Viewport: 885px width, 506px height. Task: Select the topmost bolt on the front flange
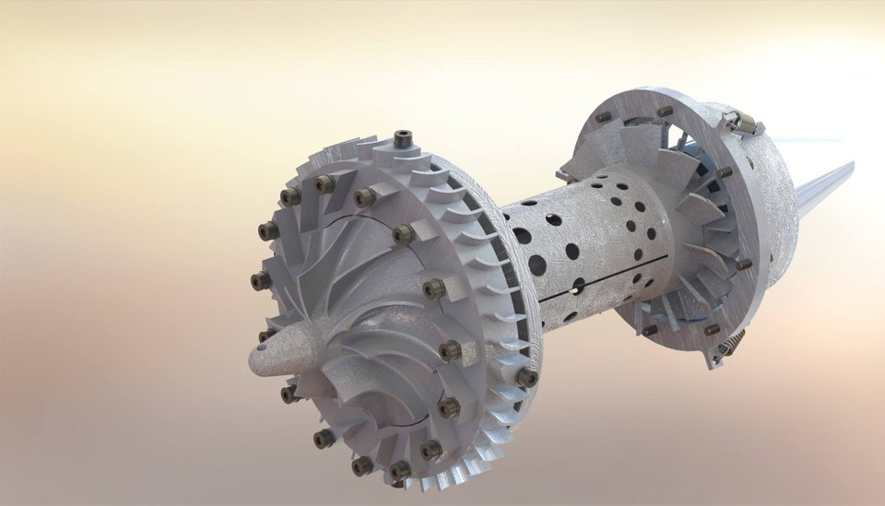402,140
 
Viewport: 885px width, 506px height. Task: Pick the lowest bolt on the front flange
398,473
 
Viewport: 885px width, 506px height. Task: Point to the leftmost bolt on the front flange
260,279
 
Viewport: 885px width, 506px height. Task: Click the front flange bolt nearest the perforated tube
527,377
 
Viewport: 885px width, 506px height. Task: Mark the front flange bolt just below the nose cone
289,393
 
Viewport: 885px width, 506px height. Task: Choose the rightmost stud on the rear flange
744,264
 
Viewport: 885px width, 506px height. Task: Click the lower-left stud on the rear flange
650,329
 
